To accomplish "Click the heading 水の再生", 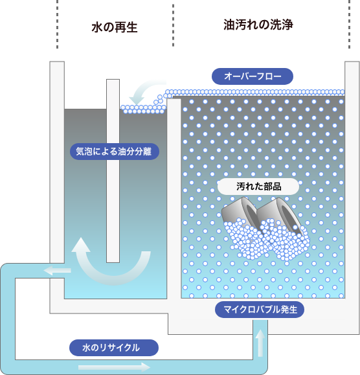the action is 115,27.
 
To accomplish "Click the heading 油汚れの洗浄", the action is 258,25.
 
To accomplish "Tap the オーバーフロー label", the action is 253,76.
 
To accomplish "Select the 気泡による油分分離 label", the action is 114,152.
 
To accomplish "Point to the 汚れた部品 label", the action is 258,187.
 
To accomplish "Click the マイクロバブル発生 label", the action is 260,310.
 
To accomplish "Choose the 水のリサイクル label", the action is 114,348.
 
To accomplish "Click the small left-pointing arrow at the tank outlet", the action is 58,271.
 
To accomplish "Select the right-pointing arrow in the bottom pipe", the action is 114,367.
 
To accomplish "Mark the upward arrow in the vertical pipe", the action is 260,343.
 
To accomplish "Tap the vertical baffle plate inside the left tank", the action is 113,171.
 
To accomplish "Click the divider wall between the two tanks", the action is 174,198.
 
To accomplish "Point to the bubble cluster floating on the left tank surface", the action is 143,109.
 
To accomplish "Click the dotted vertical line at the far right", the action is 349,24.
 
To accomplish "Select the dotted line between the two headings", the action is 173,25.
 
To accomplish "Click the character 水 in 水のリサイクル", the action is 86,348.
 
